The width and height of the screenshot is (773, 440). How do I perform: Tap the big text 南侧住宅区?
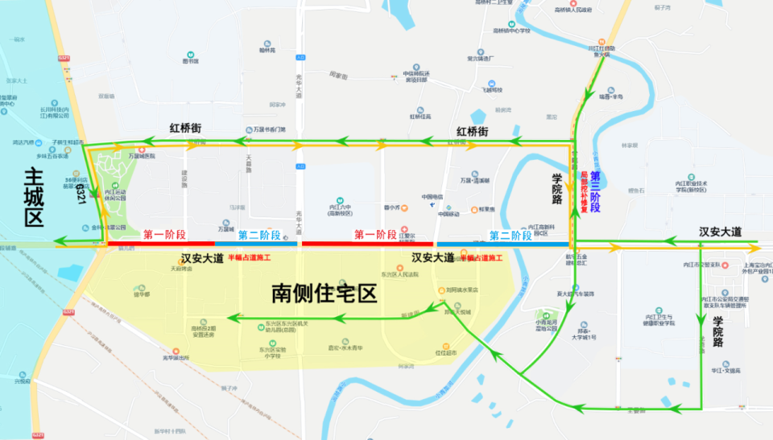[325, 293]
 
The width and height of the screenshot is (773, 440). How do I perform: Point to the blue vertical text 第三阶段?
[596, 191]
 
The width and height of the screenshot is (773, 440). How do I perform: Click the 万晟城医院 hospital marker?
[142, 150]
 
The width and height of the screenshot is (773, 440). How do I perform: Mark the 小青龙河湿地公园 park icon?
[548, 315]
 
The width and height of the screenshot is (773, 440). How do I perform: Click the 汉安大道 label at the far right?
[721, 232]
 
